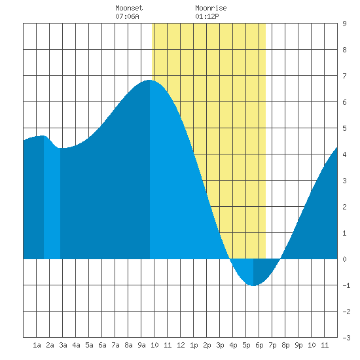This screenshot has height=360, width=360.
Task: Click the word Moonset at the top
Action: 129,8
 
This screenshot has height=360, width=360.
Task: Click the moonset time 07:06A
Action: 127,16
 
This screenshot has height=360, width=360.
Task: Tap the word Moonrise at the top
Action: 211,8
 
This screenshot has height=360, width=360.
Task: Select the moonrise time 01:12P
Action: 207,16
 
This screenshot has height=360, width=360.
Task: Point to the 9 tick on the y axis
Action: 344,24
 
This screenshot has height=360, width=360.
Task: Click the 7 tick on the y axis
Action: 344,76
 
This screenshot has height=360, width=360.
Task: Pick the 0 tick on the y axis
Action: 344,259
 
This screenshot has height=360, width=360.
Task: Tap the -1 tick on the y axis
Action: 346,285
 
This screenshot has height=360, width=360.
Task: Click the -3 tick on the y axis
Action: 346,338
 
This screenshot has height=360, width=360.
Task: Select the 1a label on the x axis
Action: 37,345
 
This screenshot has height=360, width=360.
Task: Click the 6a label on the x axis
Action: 102,345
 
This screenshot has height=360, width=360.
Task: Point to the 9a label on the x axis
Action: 141,345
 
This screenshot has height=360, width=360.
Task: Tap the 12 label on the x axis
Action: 181,345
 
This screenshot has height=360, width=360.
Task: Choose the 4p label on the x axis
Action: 233,345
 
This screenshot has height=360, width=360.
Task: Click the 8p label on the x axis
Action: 285,345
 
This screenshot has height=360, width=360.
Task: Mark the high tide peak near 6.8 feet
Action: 150,80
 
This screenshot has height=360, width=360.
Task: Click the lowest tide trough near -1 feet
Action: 253,285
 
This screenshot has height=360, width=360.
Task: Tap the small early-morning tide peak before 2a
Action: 44,135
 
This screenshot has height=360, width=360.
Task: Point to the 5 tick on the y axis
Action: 344,128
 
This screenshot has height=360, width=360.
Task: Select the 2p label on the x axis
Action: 207,345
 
